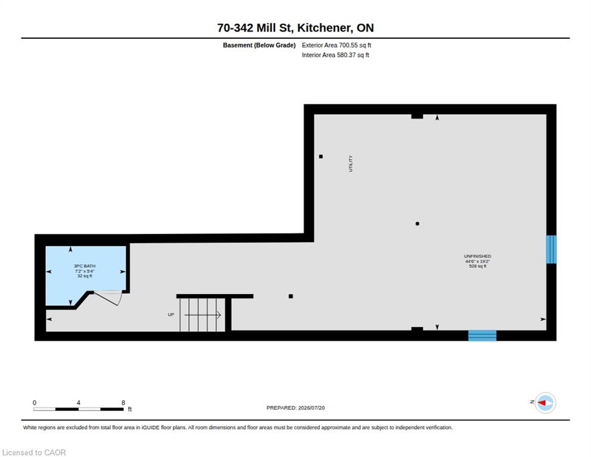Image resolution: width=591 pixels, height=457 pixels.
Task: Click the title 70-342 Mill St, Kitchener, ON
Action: click(x=295, y=28)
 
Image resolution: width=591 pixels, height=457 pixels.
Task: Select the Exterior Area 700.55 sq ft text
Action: click(x=336, y=45)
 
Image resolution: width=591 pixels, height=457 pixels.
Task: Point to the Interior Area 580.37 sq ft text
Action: click(x=335, y=55)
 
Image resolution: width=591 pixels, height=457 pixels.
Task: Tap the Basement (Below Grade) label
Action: click(x=259, y=45)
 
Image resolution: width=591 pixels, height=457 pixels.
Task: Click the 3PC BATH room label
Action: click(x=85, y=266)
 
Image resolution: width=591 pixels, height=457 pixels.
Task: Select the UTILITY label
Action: click(x=351, y=164)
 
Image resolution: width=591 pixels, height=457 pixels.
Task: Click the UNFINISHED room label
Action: click(x=477, y=256)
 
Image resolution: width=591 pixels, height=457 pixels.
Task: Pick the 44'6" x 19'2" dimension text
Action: click(x=477, y=261)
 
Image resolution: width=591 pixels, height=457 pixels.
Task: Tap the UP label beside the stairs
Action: click(x=171, y=314)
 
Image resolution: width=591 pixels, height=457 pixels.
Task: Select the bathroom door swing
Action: click(x=108, y=298)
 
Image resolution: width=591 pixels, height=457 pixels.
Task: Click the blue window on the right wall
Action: click(x=551, y=249)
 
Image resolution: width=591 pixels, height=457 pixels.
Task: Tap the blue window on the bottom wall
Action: click(x=482, y=336)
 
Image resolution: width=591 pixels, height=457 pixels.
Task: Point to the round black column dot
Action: click(x=417, y=224)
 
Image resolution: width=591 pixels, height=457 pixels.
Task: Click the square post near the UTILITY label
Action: click(x=320, y=156)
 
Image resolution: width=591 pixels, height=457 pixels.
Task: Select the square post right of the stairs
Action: click(x=291, y=296)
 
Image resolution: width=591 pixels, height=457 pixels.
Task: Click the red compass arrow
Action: click(x=542, y=403)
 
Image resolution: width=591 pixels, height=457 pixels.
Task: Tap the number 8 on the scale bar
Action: click(x=123, y=403)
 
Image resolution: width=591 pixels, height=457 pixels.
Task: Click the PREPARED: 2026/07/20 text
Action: click(x=295, y=408)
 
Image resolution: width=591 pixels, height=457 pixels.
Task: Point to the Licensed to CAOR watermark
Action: click(x=34, y=452)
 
